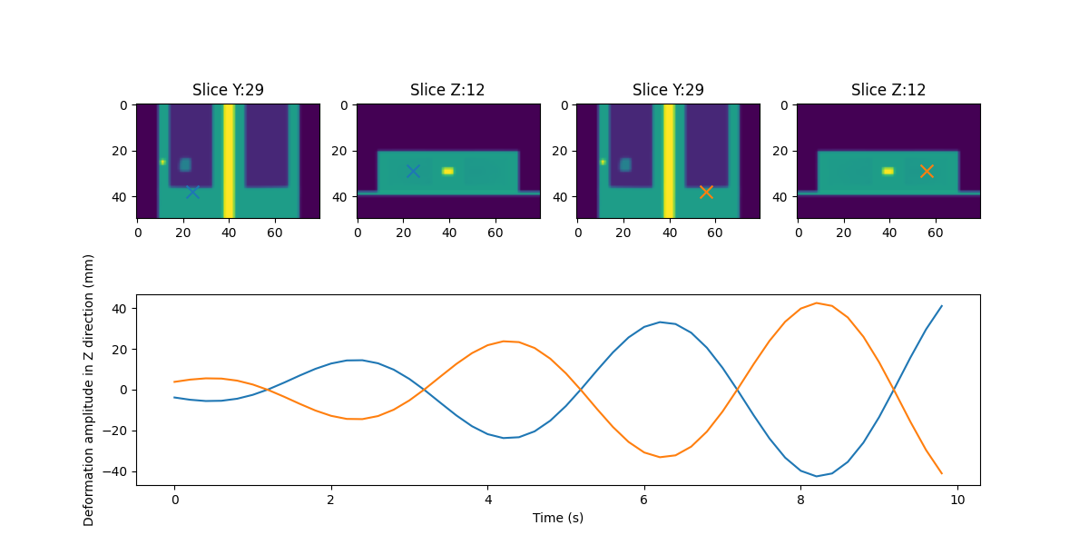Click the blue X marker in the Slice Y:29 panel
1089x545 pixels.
[x=192, y=192]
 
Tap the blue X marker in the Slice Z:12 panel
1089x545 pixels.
[x=413, y=171]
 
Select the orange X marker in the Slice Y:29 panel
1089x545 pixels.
[x=706, y=192]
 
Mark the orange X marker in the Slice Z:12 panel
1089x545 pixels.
[x=927, y=171]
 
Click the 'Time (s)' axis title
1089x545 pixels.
[x=557, y=518]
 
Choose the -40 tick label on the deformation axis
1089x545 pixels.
[x=119, y=471]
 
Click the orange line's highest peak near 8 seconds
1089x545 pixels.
[x=817, y=303]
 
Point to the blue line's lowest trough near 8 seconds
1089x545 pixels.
[x=817, y=476]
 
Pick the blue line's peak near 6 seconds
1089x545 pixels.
[x=661, y=322]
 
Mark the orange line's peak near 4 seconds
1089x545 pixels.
[x=505, y=342]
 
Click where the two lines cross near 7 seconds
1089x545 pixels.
[x=738, y=390]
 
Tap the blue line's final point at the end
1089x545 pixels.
[x=942, y=306]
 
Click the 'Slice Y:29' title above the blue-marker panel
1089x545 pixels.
[x=228, y=90]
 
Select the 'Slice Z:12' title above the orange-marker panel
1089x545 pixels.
[x=888, y=90]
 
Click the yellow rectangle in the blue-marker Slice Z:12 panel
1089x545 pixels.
[x=447, y=171]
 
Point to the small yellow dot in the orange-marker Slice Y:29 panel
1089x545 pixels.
[x=603, y=162]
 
